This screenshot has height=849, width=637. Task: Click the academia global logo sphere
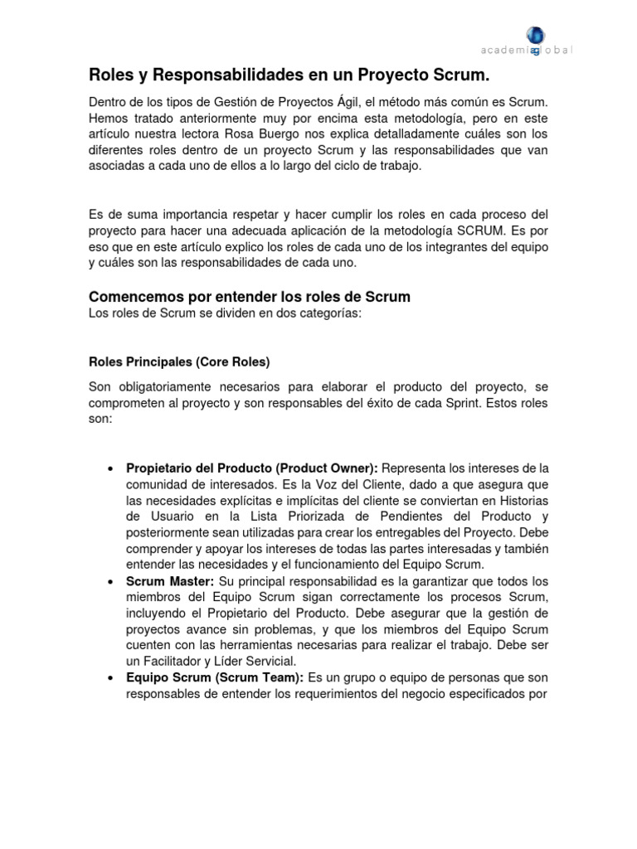pos(535,36)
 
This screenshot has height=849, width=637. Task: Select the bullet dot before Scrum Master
pos(110,582)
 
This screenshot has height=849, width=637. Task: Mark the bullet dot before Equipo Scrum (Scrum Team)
pos(110,678)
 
